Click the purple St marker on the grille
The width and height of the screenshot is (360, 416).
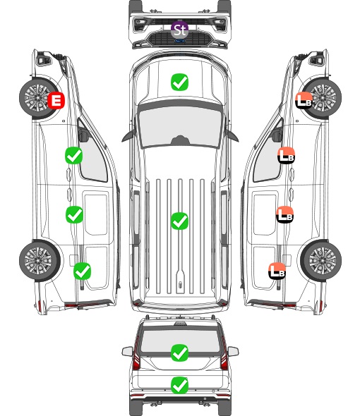tap(179, 30)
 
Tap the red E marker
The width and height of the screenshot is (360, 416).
tap(56, 100)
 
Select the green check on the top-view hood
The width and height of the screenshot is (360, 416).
tap(179, 82)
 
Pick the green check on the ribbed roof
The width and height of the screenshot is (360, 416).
tap(179, 221)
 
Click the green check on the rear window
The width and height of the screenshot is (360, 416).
tap(179, 353)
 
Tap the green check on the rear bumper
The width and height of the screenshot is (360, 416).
tap(179, 385)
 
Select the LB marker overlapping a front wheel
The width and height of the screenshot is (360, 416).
tap(304, 100)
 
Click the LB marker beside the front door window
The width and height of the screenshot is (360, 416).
tap(286, 155)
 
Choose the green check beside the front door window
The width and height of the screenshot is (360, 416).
tap(73, 155)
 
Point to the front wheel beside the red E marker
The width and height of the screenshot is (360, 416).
tap(39, 98)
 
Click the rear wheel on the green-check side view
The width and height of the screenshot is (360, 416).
tap(40, 261)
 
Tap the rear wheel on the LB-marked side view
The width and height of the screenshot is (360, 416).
tap(321, 261)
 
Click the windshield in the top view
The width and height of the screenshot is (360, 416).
tap(180, 126)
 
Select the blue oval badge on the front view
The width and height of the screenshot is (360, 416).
tap(179, 41)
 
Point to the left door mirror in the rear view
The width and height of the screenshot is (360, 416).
tap(127, 352)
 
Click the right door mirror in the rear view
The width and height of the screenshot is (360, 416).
tap(233, 352)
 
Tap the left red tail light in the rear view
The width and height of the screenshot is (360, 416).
tap(136, 354)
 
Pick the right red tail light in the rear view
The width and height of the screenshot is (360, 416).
tap(224, 354)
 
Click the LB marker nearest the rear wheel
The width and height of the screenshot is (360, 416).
tap(277, 271)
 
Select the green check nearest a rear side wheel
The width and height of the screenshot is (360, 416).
tap(82, 271)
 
